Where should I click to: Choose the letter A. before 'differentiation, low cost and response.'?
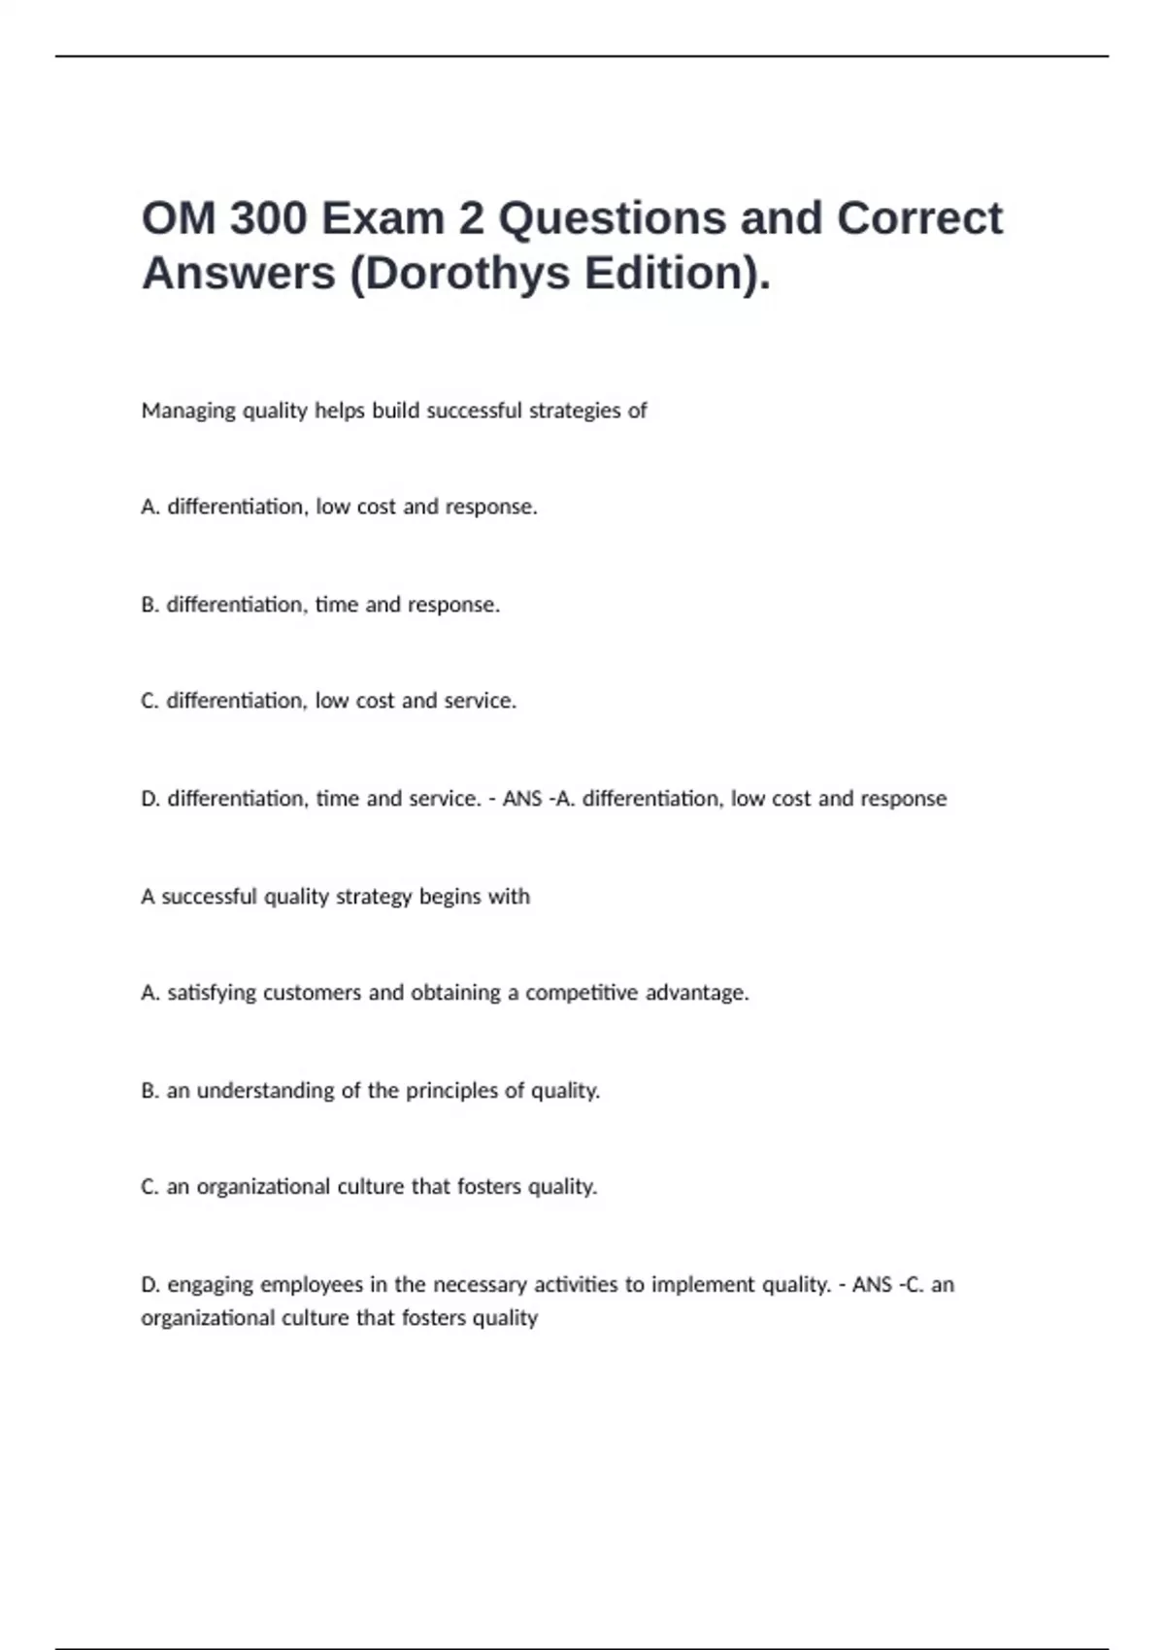click(150, 507)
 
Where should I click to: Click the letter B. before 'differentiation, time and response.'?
click(150, 605)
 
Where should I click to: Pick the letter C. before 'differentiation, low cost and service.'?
click(150, 701)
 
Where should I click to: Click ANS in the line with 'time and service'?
click(522, 799)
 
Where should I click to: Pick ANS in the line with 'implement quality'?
click(872, 1285)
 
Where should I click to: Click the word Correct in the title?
click(919, 218)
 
